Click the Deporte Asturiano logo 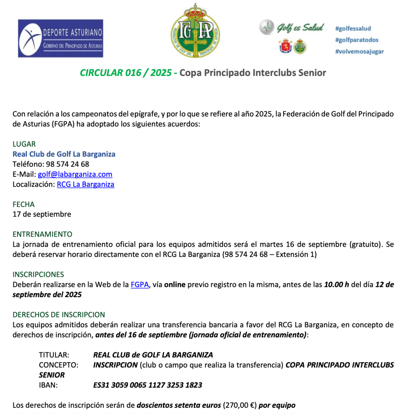(x=61, y=38)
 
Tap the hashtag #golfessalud (x=353, y=28)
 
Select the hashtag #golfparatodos (x=357, y=40)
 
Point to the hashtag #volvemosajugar (x=360, y=52)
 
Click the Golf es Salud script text (x=300, y=28)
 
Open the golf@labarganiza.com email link (x=75, y=174)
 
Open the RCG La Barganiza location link (x=85, y=184)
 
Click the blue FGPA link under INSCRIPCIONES (x=140, y=285)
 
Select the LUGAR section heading (x=24, y=144)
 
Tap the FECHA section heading (x=24, y=204)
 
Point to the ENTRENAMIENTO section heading (x=42, y=235)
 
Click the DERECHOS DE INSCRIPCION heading (x=58, y=315)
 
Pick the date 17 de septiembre (x=42, y=214)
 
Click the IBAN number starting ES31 (x=147, y=385)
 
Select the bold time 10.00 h (x=336, y=285)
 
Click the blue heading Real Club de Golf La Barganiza (x=64, y=154)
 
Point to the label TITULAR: (x=54, y=355)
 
